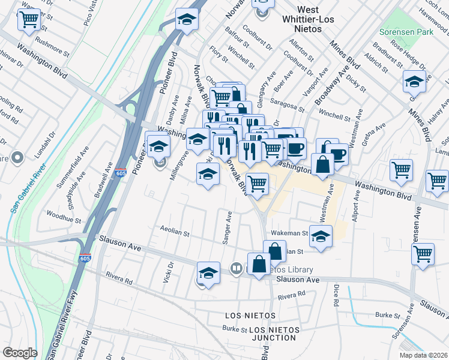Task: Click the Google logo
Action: click(20, 353)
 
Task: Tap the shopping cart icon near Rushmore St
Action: click(29, 19)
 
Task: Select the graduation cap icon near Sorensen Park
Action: click(414, 80)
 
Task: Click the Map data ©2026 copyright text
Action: click(423, 355)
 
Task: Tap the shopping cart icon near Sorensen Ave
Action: click(423, 254)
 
